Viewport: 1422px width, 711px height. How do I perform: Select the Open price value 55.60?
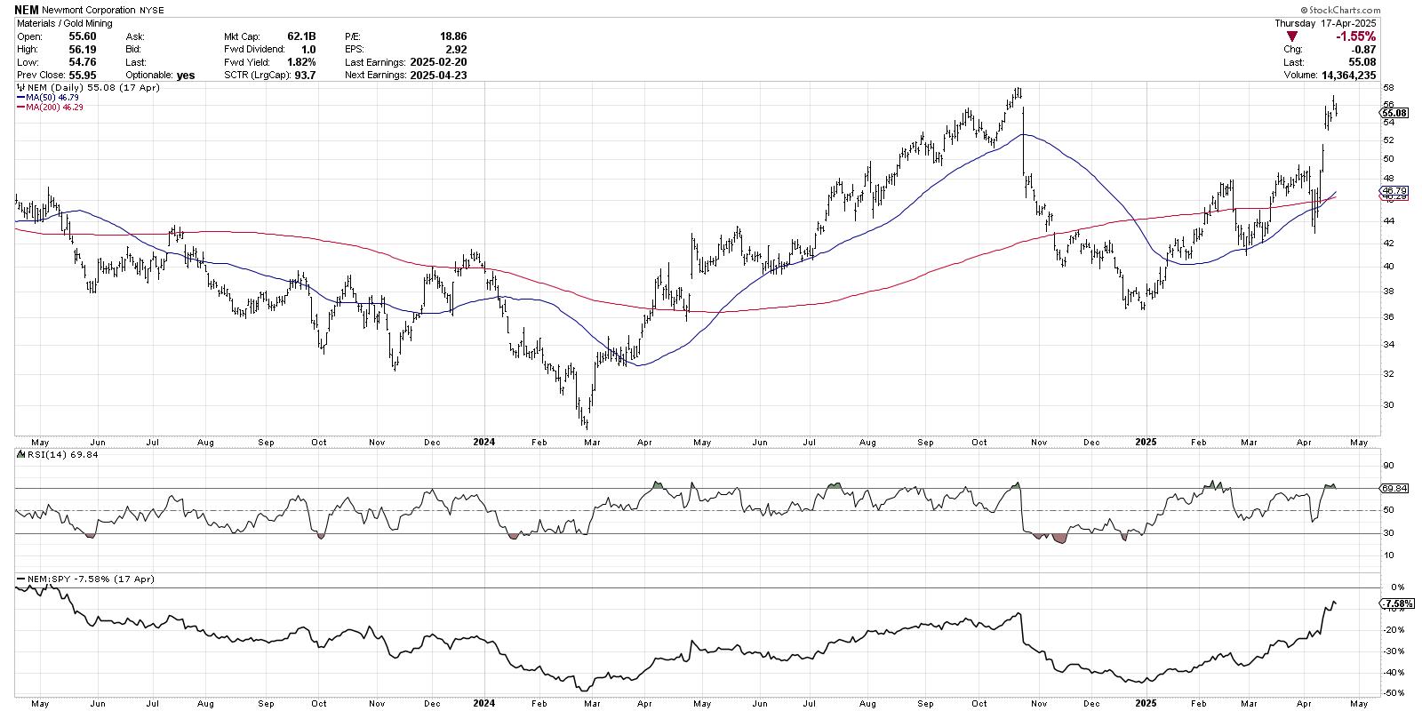coord(83,36)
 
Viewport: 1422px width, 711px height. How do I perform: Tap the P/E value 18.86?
coord(452,36)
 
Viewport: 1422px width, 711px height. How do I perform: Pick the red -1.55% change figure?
coord(1356,36)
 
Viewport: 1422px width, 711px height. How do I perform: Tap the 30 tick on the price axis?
coord(1387,404)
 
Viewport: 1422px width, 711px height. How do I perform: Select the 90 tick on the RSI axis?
coord(1387,465)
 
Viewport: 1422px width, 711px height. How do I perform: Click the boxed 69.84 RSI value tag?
coord(1394,488)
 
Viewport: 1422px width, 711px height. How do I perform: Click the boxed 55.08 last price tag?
coord(1394,113)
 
